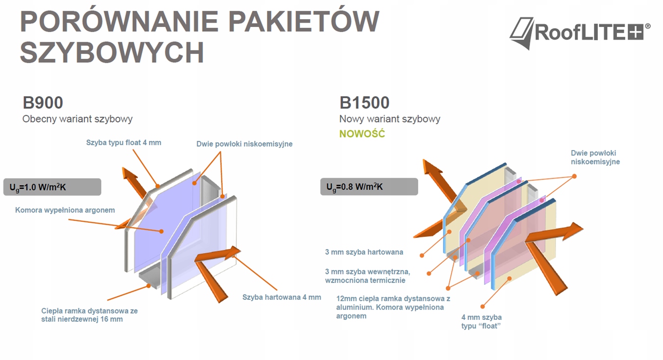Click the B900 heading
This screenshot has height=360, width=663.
[x=43, y=103]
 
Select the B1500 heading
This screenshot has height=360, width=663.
[x=364, y=103]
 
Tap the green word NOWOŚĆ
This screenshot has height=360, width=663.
[x=362, y=134]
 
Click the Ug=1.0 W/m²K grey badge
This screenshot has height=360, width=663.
[x=52, y=187]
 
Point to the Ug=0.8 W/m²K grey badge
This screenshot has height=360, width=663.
[x=369, y=187]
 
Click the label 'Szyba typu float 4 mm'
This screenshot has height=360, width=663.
[x=124, y=143]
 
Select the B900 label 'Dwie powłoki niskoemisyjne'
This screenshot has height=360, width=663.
[x=244, y=144]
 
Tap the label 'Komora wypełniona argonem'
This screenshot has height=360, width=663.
[x=65, y=210]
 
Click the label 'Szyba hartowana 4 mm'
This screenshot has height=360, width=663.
[x=281, y=297]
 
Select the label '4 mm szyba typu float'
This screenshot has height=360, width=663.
[x=482, y=321]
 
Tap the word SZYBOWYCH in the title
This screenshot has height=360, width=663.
[x=112, y=52]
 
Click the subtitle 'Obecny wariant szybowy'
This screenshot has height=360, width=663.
[x=77, y=119]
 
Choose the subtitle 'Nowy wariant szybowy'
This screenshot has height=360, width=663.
[x=390, y=119]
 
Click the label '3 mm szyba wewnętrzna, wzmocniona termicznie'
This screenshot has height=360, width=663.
[x=367, y=276]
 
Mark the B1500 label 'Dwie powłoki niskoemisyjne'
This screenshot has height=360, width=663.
[x=595, y=157]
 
